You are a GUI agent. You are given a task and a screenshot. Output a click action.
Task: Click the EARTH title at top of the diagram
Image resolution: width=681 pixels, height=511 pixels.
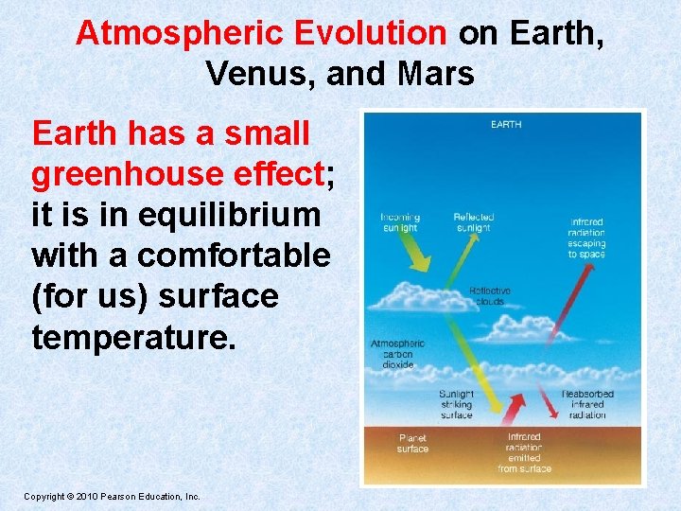pyautogui.click(x=505, y=124)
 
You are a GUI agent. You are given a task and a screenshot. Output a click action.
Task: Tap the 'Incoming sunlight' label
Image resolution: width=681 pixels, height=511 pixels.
pyautogui.click(x=400, y=222)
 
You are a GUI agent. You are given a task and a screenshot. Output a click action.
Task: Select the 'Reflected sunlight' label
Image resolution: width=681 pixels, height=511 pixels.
pyautogui.click(x=473, y=222)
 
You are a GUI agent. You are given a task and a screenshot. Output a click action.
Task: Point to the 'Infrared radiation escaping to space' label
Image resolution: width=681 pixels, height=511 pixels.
pyautogui.click(x=586, y=238)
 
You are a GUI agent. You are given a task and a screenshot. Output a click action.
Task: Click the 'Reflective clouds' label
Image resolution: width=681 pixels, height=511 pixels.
pyautogui.click(x=490, y=296)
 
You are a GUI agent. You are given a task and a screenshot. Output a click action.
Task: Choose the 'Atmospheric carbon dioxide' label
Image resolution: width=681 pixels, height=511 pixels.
pyautogui.click(x=398, y=353)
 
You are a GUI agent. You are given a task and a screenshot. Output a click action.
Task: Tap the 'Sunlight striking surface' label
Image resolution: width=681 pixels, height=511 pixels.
pyautogui.click(x=456, y=404)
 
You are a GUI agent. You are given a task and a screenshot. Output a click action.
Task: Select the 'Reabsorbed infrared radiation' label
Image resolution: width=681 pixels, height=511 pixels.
pyautogui.click(x=587, y=404)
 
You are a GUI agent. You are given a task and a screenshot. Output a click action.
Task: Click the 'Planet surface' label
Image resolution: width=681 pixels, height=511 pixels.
pyautogui.click(x=412, y=443)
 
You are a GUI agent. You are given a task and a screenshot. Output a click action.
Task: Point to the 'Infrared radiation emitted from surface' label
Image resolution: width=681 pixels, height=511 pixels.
pyautogui.click(x=524, y=452)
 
